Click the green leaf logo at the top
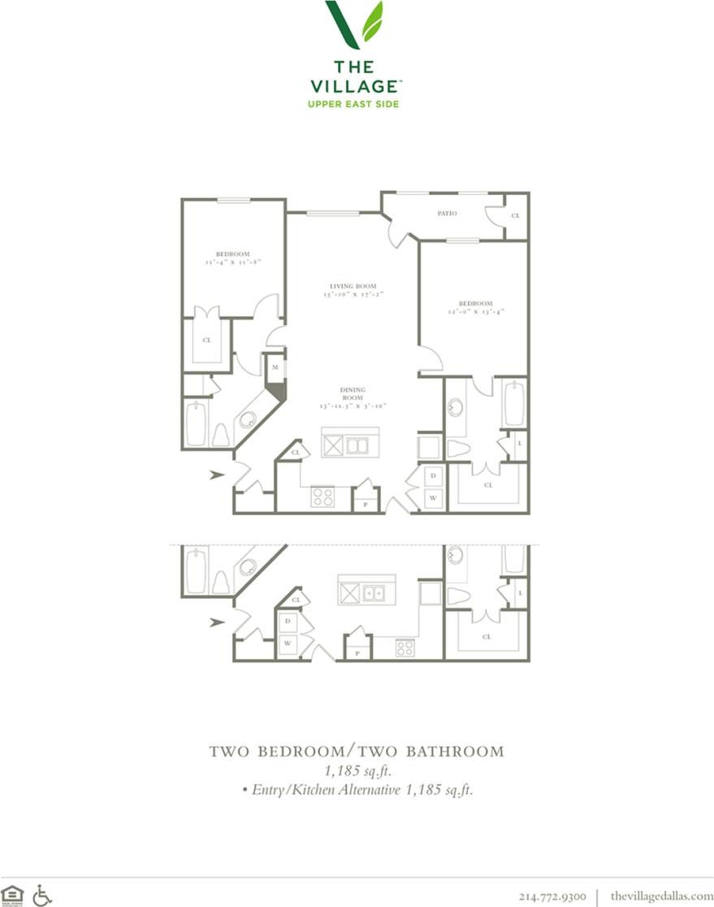(354, 24)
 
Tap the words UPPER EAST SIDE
(354, 103)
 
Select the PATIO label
(447, 214)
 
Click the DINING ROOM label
(352, 393)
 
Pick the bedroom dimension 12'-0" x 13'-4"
(475, 310)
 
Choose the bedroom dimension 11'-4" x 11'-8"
(232, 262)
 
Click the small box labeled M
(276, 367)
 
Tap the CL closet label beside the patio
(516, 216)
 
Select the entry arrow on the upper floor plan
(217, 475)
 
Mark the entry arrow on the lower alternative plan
(217, 623)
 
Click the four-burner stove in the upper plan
(322, 497)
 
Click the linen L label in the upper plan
(519, 445)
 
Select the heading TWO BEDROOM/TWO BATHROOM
(357, 751)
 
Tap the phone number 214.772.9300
(552, 896)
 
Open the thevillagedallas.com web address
(661, 896)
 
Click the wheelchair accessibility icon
(42, 894)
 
